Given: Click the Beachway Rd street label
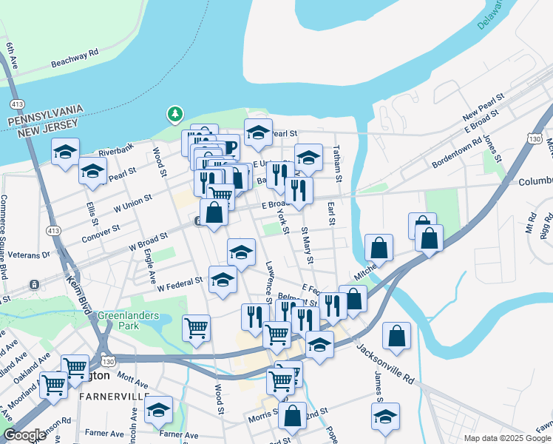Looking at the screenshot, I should [x=75, y=58].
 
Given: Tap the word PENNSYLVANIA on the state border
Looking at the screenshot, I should [x=44, y=116].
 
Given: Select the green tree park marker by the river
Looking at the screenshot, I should [x=174, y=114].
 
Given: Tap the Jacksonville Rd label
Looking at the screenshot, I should [x=384, y=362].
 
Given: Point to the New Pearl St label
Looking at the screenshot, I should [x=483, y=107].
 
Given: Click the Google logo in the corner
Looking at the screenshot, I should [x=24, y=435].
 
